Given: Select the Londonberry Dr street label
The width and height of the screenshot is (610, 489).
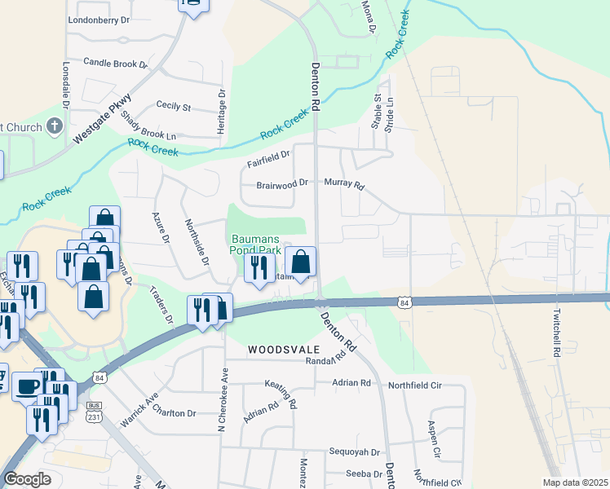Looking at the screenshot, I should pos(99,19).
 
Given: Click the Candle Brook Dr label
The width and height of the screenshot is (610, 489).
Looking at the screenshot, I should pos(115,63).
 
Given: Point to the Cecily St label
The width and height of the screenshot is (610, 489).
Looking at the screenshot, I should pos(173,107).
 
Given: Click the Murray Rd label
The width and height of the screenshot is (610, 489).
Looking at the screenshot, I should pos(343,183).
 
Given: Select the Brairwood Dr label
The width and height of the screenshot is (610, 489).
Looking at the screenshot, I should pos(281,184).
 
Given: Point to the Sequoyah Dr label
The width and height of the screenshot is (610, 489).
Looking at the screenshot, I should pos(355,452).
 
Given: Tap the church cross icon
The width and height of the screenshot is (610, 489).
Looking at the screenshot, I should pos(55,126).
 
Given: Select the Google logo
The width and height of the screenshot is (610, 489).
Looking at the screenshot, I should pos(27,479).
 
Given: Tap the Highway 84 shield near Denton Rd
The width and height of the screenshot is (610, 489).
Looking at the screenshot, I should pos(404,303).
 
